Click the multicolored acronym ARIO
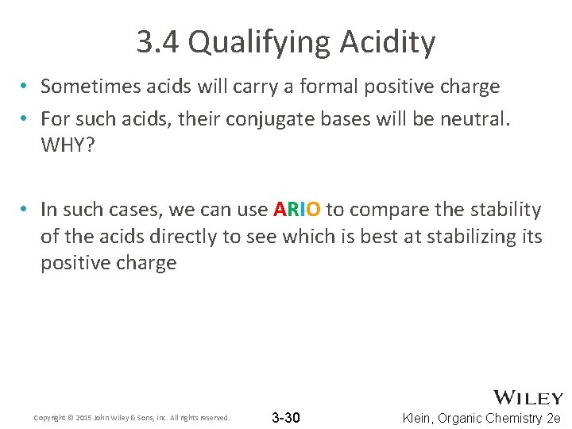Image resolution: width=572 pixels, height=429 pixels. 297,210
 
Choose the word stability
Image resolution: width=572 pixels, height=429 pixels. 504,210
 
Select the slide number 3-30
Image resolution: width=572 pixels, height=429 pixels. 286,417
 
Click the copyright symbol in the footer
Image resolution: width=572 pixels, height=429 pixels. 68,418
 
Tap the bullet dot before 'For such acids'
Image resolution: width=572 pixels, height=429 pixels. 26,119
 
